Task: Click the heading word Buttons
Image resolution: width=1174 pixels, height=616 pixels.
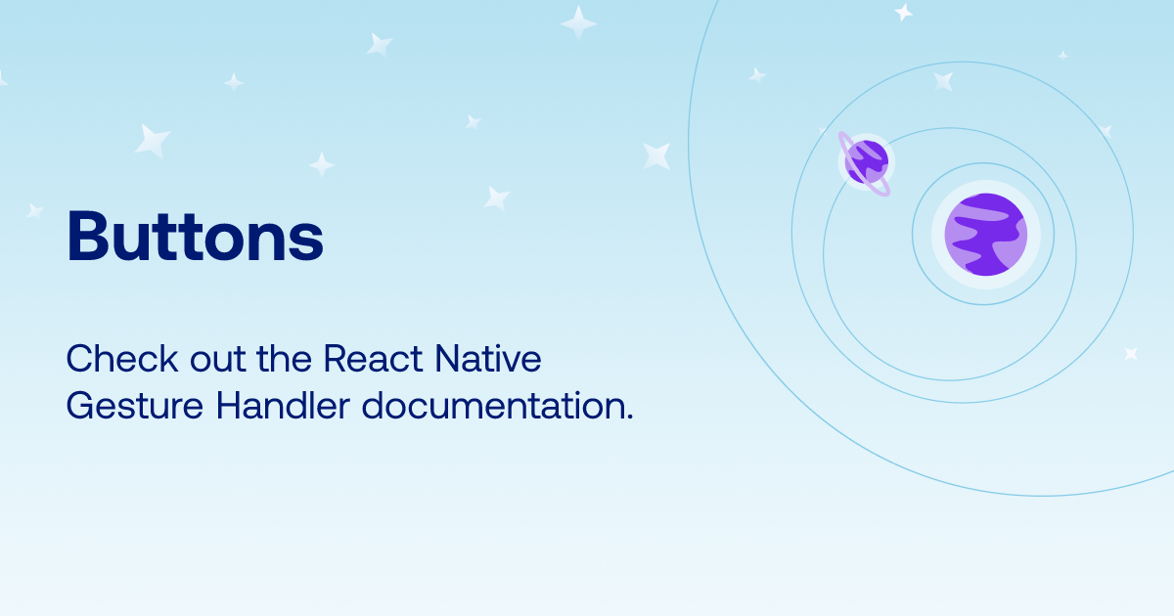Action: click(x=195, y=238)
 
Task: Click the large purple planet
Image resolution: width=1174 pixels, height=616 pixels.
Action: click(x=985, y=235)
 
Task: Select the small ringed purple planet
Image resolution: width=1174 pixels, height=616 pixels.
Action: click(x=866, y=160)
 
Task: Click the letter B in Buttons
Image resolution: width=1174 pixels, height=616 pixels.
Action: click(x=86, y=238)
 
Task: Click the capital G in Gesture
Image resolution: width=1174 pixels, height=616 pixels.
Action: click(x=79, y=406)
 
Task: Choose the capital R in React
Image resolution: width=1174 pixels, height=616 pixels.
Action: click(x=334, y=359)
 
